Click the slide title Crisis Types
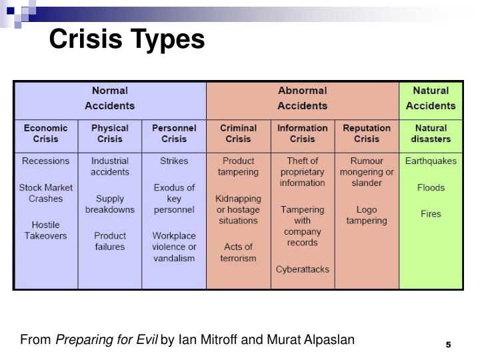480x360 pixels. [x=127, y=39]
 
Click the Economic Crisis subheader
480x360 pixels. [x=46, y=133]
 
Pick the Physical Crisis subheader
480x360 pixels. [x=110, y=133]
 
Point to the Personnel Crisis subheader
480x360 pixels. [x=174, y=133]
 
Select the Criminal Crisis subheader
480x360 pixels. [x=238, y=133]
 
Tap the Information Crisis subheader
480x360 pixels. [x=302, y=133]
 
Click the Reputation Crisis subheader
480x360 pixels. [x=366, y=133]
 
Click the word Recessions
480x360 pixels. [x=46, y=161]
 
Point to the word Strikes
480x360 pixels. [x=174, y=161]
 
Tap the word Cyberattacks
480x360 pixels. [x=302, y=269]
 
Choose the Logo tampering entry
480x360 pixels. [x=366, y=215]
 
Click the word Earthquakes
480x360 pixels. [x=431, y=161]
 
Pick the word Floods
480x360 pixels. [x=431, y=187]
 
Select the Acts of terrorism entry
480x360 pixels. [x=238, y=253]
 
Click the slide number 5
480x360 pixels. [x=449, y=344]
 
